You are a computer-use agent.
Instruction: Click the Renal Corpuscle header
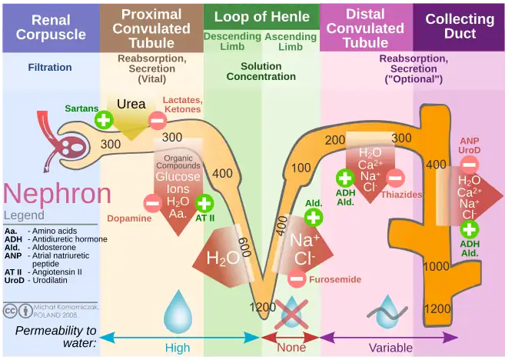pyautogui.click(x=50, y=26)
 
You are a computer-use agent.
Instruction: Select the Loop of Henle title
pyautogui.click(x=262, y=16)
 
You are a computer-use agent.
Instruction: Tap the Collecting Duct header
pyautogui.click(x=460, y=26)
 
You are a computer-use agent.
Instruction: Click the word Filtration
pyautogui.click(x=50, y=68)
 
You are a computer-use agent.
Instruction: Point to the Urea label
pyautogui.click(x=131, y=105)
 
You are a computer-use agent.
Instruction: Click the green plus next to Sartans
pyautogui.click(x=104, y=119)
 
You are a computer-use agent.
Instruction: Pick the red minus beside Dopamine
pyautogui.click(x=153, y=204)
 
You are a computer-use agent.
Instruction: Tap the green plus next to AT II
pyautogui.click(x=204, y=203)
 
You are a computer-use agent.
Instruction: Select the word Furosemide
pyautogui.click(x=334, y=279)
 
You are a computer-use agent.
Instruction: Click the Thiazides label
pyautogui.click(x=401, y=195)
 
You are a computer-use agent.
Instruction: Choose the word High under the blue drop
pyautogui.click(x=178, y=348)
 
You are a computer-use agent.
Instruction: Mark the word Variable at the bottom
pyautogui.click(x=390, y=348)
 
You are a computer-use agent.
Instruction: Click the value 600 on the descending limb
pyautogui.click(x=244, y=248)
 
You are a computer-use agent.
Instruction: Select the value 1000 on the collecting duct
pyautogui.click(x=437, y=266)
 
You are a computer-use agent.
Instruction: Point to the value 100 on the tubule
pyautogui.click(x=301, y=168)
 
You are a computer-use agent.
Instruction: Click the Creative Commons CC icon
pyautogui.click(x=12, y=312)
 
